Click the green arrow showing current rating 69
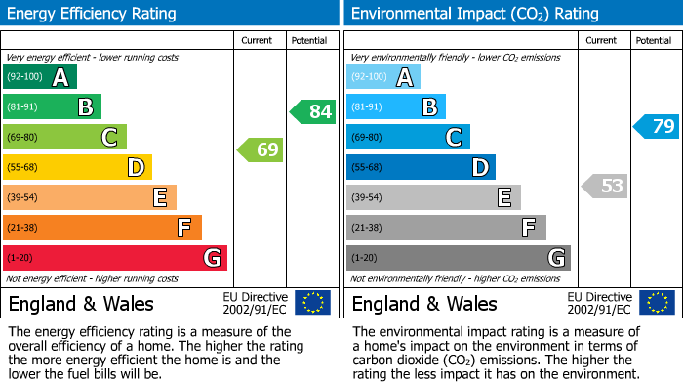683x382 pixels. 261,149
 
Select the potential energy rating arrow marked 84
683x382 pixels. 313,111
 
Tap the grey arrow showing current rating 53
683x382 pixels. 604,186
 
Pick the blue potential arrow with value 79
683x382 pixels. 657,126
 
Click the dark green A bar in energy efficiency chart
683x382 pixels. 40,77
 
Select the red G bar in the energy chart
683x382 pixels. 115,258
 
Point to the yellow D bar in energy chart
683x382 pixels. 77,167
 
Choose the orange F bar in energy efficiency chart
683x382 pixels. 102,228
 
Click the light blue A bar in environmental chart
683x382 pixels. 383,77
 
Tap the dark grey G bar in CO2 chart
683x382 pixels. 458,258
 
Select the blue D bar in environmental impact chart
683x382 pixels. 421,167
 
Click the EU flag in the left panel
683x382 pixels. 312,302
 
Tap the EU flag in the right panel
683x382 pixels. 657,302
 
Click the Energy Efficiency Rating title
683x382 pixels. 93,14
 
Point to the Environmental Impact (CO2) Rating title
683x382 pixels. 474,14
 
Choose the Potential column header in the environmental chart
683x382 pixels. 654,40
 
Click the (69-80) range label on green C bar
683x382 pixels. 23,137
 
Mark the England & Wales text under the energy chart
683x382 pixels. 81,303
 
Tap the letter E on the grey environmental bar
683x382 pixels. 503,197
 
